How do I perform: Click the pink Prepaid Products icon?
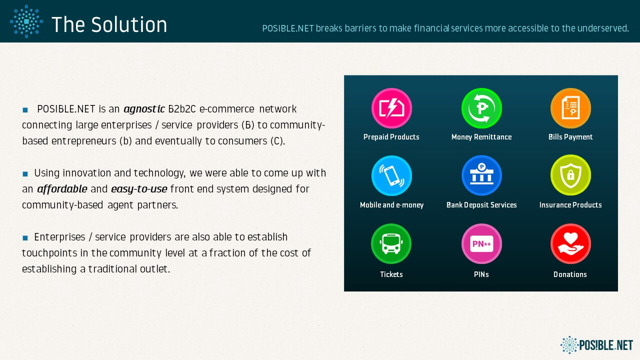(x=391, y=108)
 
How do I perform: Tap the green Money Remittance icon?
(x=481, y=108)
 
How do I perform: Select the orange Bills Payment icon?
(x=570, y=108)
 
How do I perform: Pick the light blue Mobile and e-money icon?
(x=391, y=175)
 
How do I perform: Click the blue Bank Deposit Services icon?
(x=481, y=175)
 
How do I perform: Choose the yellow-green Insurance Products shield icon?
(x=570, y=175)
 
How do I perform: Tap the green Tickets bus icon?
(x=391, y=243)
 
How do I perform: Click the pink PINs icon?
(x=481, y=243)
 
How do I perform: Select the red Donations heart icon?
(x=570, y=243)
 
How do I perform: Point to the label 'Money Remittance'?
(x=481, y=137)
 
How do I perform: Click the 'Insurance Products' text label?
(x=570, y=205)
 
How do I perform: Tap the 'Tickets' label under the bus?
(x=391, y=274)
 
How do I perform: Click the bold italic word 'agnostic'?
(x=144, y=109)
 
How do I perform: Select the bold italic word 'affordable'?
(x=62, y=189)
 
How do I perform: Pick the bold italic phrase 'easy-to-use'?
(x=139, y=189)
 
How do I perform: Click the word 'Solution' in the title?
(x=129, y=24)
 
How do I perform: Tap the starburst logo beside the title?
(x=26, y=21)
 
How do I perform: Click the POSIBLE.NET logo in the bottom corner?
(x=596, y=345)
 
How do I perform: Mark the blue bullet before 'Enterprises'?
(x=25, y=237)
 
